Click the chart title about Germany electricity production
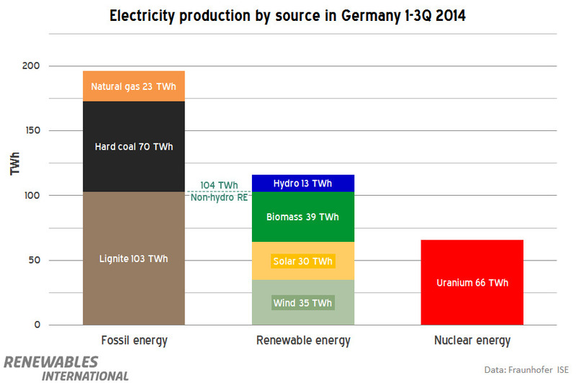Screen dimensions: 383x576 point(287,16)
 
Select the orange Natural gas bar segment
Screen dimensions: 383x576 point(134,86)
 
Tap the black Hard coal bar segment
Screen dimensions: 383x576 point(134,147)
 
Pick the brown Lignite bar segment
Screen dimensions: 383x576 point(134,258)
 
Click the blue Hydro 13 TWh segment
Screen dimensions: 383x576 point(302,184)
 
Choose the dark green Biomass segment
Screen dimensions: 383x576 point(302,217)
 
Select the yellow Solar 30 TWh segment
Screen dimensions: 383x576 point(302,261)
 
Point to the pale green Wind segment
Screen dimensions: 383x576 point(302,302)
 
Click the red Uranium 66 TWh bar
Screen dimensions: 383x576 point(472,282)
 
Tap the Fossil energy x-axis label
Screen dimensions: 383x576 point(134,341)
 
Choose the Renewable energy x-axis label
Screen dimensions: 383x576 point(302,341)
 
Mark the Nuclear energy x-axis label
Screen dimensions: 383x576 point(472,341)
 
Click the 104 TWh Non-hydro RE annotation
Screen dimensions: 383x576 point(218,191)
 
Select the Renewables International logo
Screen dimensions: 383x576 point(66,367)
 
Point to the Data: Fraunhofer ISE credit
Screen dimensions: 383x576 point(526,369)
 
